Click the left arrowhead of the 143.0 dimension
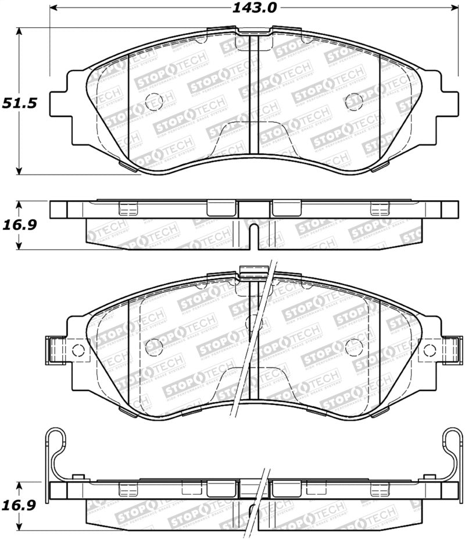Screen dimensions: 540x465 (54, 8)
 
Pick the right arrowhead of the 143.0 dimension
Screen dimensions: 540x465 (454, 8)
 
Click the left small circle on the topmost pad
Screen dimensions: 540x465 (152, 100)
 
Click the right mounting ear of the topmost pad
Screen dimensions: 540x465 (448, 103)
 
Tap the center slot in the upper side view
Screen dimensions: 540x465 (253, 233)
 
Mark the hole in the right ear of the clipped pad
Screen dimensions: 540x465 (430, 350)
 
